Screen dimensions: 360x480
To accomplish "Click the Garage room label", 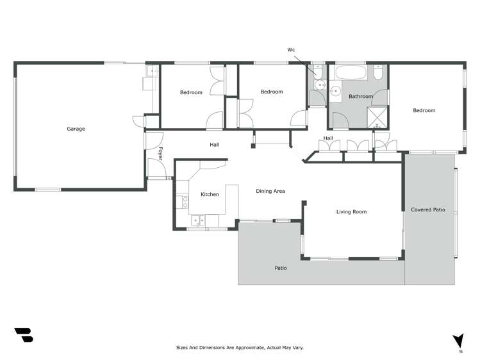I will click(x=76, y=129).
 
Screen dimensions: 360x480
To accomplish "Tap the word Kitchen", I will click(x=210, y=194).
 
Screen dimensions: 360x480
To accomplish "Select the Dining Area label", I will click(x=270, y=191).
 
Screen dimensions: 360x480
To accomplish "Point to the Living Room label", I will click(x=351, y=211).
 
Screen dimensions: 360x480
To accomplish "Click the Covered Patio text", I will click(x=428, y=209).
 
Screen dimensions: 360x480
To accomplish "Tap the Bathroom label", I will click(x=360, y=97).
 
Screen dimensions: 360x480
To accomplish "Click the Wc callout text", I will click(x=291, y=49).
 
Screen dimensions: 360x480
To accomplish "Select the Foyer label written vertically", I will click(x=160, y=154).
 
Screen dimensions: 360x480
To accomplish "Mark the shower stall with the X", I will click(x=377, y=117).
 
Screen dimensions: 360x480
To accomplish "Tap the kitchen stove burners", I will click(x=185, y=202).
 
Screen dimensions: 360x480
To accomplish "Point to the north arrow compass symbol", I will click(x=458, y=341).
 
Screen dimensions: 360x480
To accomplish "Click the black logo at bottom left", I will click(x=23, y=334).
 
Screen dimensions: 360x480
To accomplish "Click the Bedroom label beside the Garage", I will click(x=191, y=93).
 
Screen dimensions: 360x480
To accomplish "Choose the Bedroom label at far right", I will click(x=424, y=111).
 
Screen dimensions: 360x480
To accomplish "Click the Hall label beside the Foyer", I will click(x=215, y=145).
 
